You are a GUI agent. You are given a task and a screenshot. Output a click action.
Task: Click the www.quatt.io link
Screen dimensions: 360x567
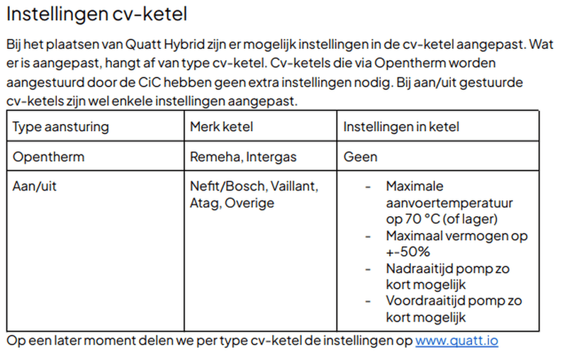point(456,341)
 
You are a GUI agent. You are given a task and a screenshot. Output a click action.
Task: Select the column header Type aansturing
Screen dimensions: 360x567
point(61,127)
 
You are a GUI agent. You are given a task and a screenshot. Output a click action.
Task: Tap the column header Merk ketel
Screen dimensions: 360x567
point(222,127)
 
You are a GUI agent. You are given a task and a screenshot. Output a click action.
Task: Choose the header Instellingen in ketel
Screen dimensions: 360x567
point(401,127)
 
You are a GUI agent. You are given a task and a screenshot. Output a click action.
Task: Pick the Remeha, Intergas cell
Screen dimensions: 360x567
point(243,157)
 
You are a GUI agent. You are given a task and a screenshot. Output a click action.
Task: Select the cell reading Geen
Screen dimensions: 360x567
point(360,157)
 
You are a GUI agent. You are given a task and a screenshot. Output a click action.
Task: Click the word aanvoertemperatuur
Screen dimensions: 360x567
point(449,203)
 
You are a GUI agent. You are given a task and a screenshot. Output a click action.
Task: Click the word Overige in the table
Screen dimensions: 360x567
point(249,203)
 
